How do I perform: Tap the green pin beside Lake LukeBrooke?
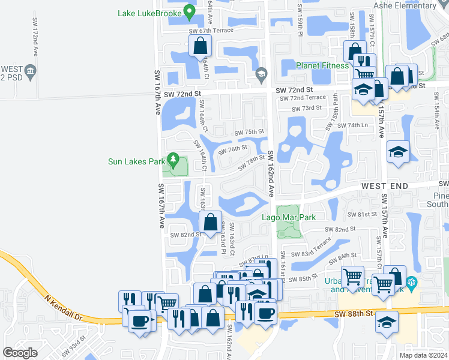[x=190, y=11]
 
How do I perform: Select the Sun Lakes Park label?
[x=136, y=161]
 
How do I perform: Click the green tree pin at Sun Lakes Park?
[x=173, y=160]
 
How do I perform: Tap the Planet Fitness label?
[x=322, y=65]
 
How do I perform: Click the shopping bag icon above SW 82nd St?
[x=211, y=222]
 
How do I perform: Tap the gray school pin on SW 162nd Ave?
[x=261, y=75]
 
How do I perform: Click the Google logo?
[x=20, y=353]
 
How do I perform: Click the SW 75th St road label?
[x=249, y=132]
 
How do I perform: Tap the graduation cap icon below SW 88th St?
[x=387, y=321]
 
